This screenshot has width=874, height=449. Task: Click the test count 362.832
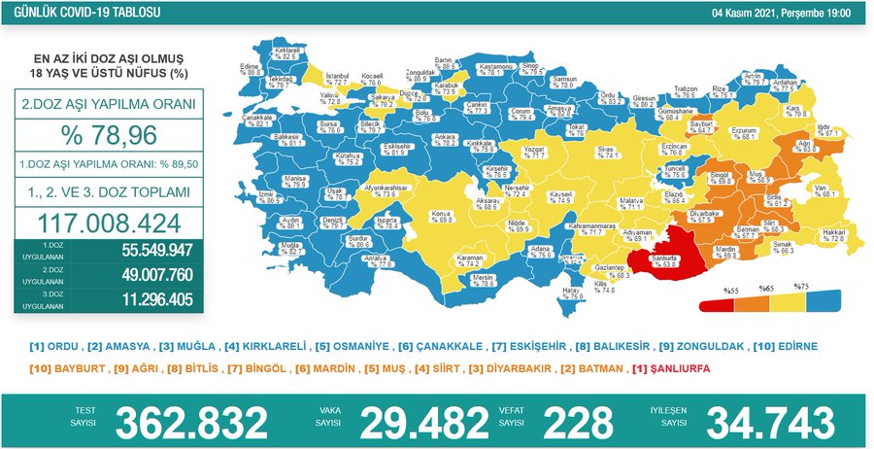point(191,423)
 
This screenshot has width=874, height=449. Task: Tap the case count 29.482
point(423,423)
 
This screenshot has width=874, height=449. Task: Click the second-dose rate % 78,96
point(108,133)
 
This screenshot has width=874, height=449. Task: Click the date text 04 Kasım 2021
point(754,14)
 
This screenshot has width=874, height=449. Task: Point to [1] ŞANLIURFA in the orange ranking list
point(670,369)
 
